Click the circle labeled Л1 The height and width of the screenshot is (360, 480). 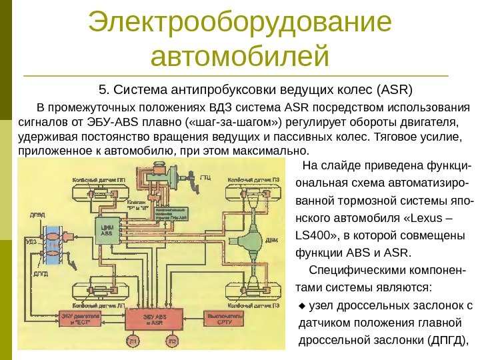tap(133, 342)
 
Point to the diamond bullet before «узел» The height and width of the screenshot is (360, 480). tap(302, 306)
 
